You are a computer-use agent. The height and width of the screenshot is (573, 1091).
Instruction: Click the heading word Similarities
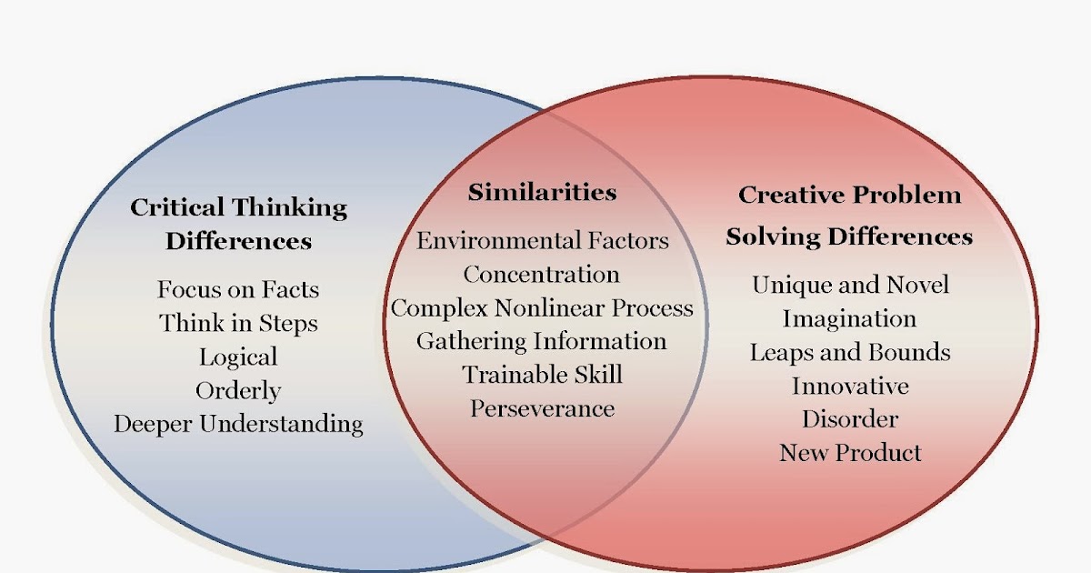click(x=542, y=193)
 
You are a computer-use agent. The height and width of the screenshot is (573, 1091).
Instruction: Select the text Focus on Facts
click(x=238, y=290)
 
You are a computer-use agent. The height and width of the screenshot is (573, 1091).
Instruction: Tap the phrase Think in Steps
click(x=238, y=323)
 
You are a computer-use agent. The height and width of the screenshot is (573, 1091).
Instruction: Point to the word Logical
click(x=238, y=357)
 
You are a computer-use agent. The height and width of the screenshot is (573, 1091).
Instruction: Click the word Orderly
click(x=238, y=391)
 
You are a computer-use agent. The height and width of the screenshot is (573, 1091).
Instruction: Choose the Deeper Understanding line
click(x=238, y=424)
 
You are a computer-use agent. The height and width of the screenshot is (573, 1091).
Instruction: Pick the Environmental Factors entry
click(x=543, y=241)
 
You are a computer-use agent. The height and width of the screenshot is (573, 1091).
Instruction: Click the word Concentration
click(x=542, y=274)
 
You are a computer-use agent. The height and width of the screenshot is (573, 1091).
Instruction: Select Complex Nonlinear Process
click(x=542, y=307)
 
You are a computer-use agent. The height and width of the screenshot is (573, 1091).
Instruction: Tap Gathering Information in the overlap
click(x=542, y=341)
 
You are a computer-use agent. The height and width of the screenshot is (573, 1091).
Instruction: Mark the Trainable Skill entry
click(x=542, y=374)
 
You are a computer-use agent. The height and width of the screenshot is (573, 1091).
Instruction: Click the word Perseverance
click(x=542, y=408)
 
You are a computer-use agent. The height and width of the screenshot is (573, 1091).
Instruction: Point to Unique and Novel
click(x=850, y=285)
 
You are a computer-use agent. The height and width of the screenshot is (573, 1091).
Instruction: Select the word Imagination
click(x=849, y=318)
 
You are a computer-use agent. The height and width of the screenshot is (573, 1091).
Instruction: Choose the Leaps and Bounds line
click(x=850, y=352)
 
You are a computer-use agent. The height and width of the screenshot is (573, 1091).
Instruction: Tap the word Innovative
click(x=850, y=386)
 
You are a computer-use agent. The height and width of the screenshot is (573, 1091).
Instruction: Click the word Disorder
click(x=850, y=418)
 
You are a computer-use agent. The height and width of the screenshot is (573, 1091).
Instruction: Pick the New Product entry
click(x=850, y=452)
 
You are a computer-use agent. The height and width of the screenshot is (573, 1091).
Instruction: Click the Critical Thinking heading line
click(x=238, y=207)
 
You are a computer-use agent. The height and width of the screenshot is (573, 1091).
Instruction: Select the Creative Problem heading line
click(x=849, y=195)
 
